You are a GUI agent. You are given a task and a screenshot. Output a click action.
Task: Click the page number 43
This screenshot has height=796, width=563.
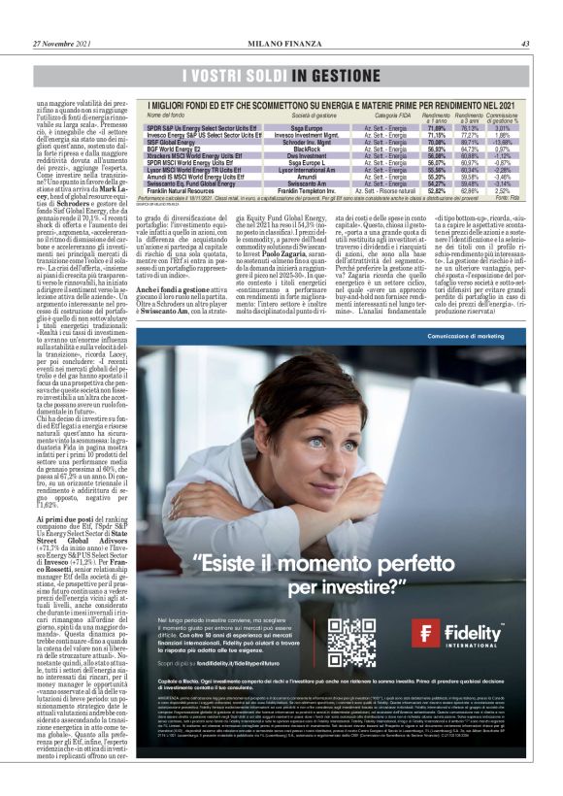[524, 43]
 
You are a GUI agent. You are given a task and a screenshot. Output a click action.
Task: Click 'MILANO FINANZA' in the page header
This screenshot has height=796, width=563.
[281, 43]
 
